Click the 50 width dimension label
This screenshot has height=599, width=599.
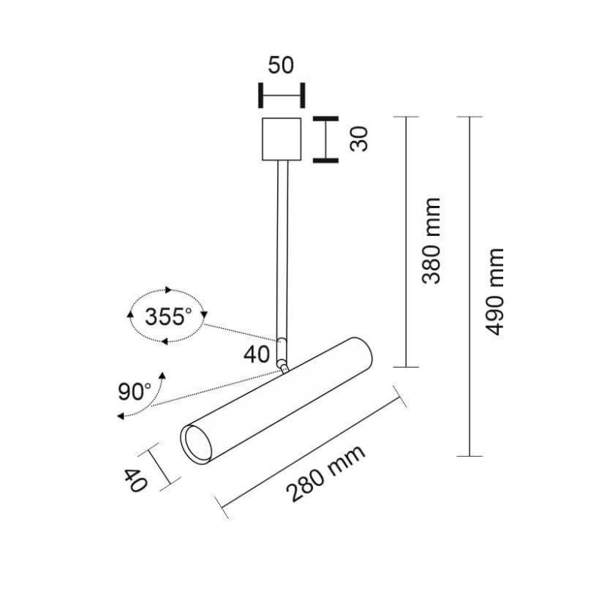[x=281, y=65]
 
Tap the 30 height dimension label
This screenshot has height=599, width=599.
[x=359, y=139]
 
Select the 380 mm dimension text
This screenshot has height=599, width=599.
[x=431, y=241]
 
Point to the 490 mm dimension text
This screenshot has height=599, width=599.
[x=495, y=292]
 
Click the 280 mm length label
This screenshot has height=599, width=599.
[x=326, y=473]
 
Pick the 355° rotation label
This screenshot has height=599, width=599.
[x=168, y=317]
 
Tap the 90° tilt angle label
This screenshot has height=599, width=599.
[x=134, y=391]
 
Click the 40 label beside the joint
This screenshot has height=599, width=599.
[x=256, y=354]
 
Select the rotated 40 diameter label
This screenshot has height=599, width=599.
[x=135, y=480]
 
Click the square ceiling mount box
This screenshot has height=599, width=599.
[x=282, y=139]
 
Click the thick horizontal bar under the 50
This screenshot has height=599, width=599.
[x=282, y=95]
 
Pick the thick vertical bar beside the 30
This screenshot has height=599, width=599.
[x=326, y=139]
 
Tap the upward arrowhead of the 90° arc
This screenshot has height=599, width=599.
[x=163, y=375]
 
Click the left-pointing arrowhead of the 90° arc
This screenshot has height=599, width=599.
[x=121, y=416]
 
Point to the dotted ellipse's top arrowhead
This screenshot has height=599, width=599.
[x=168, y=290]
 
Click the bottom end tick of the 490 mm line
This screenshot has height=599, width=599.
[x=469, y=456]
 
